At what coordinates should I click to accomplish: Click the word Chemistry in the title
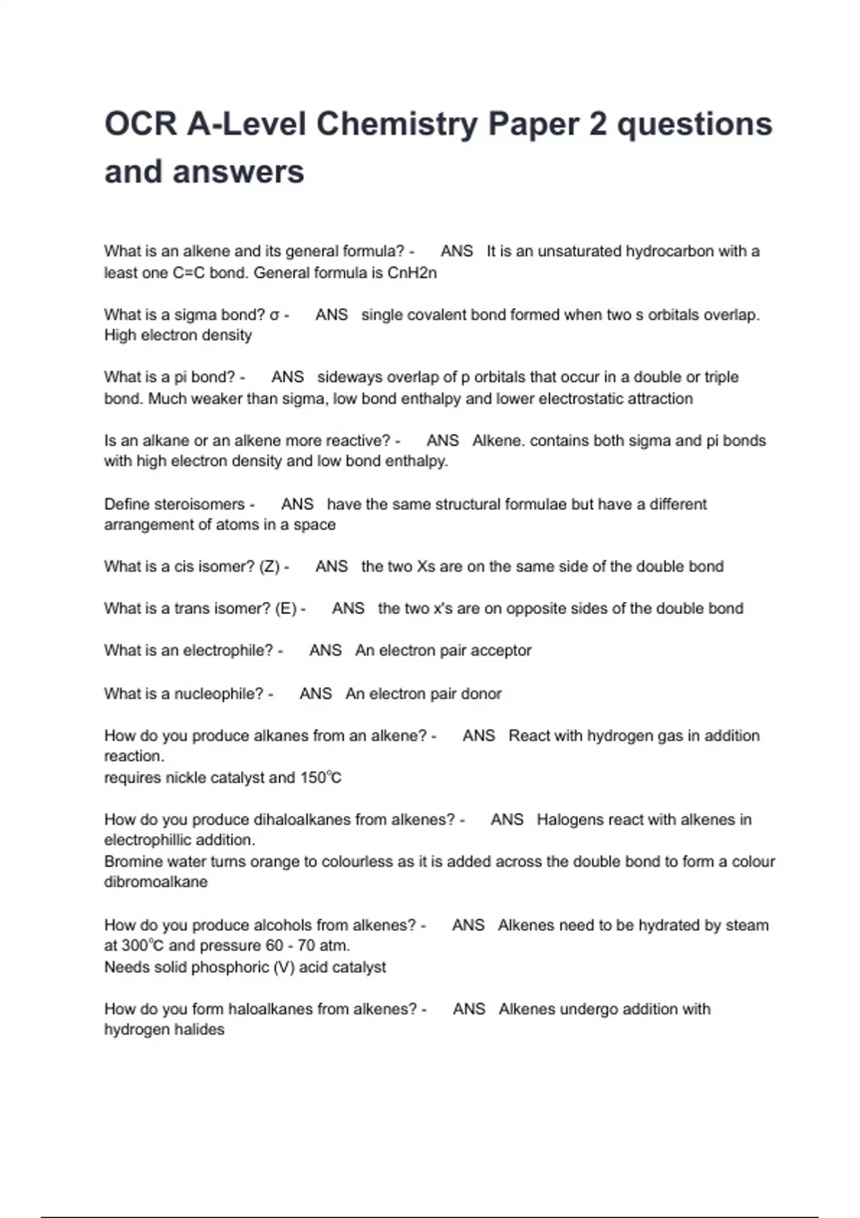[396, 124]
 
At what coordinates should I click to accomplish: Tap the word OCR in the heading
[140, 124]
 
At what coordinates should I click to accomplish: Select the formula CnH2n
[412, 273]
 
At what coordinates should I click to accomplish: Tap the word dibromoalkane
[156, 882]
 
